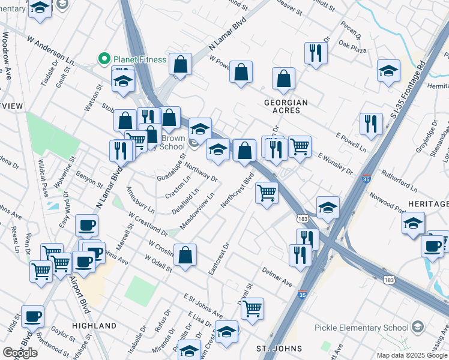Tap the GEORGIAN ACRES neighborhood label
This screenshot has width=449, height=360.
[286, 107]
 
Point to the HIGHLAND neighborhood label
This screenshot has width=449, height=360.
[94, 326]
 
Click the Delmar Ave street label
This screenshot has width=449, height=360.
[277, 276]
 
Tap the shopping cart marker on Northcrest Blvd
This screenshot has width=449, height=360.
[267, 193]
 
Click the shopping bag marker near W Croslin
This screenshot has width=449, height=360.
[185, 254]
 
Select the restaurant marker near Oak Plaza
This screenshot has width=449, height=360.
[315, 53]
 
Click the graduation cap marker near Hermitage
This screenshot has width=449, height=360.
[388, 70]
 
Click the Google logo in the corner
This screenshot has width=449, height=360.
[20, 352]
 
